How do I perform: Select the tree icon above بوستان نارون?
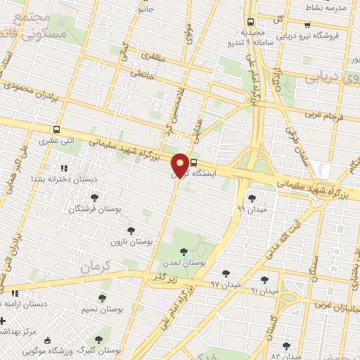point(131,230)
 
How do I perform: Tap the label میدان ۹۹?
point(251,210)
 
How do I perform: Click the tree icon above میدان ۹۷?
point(226,274)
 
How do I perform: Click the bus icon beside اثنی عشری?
point(56,130)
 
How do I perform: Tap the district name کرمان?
point(96,268)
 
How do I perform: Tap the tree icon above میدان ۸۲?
point(285,345)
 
